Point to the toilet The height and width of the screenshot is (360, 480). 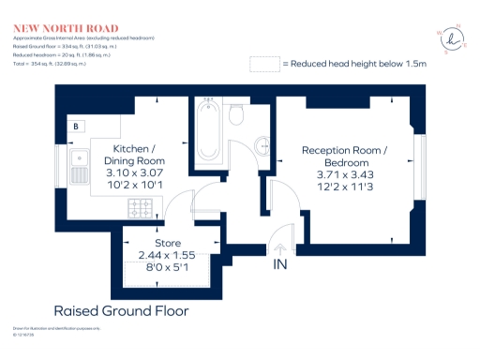pos(236,114)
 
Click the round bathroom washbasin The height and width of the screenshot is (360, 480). pos(262,146)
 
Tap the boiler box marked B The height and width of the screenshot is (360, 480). pos(75,126)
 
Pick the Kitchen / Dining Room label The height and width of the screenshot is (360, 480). pos(134,156)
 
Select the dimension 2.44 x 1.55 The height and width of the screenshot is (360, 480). pos(167,255)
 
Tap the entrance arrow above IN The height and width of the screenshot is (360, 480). pos(279,249)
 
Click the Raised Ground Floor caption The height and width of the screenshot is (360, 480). pos(121,310)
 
